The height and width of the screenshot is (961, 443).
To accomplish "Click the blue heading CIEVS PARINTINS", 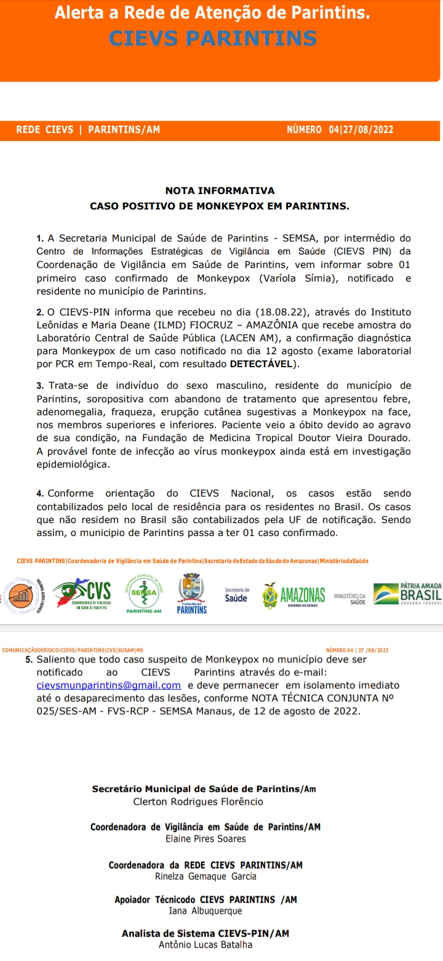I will tap(213, 38).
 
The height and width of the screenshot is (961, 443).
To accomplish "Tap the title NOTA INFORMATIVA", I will tap(220, 191).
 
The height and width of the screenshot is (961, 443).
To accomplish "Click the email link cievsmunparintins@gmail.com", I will tap(108, 685).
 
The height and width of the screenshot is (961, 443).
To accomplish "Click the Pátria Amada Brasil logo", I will tap(407, 594).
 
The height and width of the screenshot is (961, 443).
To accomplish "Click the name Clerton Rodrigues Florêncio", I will tap(198, 801).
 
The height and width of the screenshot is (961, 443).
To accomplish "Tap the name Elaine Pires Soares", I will tap(206, 838).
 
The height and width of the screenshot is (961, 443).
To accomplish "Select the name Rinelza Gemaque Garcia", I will tap(206, 876).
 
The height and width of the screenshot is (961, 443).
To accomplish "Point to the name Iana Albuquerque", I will tap(206, 910).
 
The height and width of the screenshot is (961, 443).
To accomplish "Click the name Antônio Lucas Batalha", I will tap(206, 944).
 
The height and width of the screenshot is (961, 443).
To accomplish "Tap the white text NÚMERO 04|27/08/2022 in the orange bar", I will tap(340, 130).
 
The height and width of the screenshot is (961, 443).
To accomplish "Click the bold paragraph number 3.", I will tap(39, 386).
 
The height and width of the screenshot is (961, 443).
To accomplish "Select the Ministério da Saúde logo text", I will tap(350, 598).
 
